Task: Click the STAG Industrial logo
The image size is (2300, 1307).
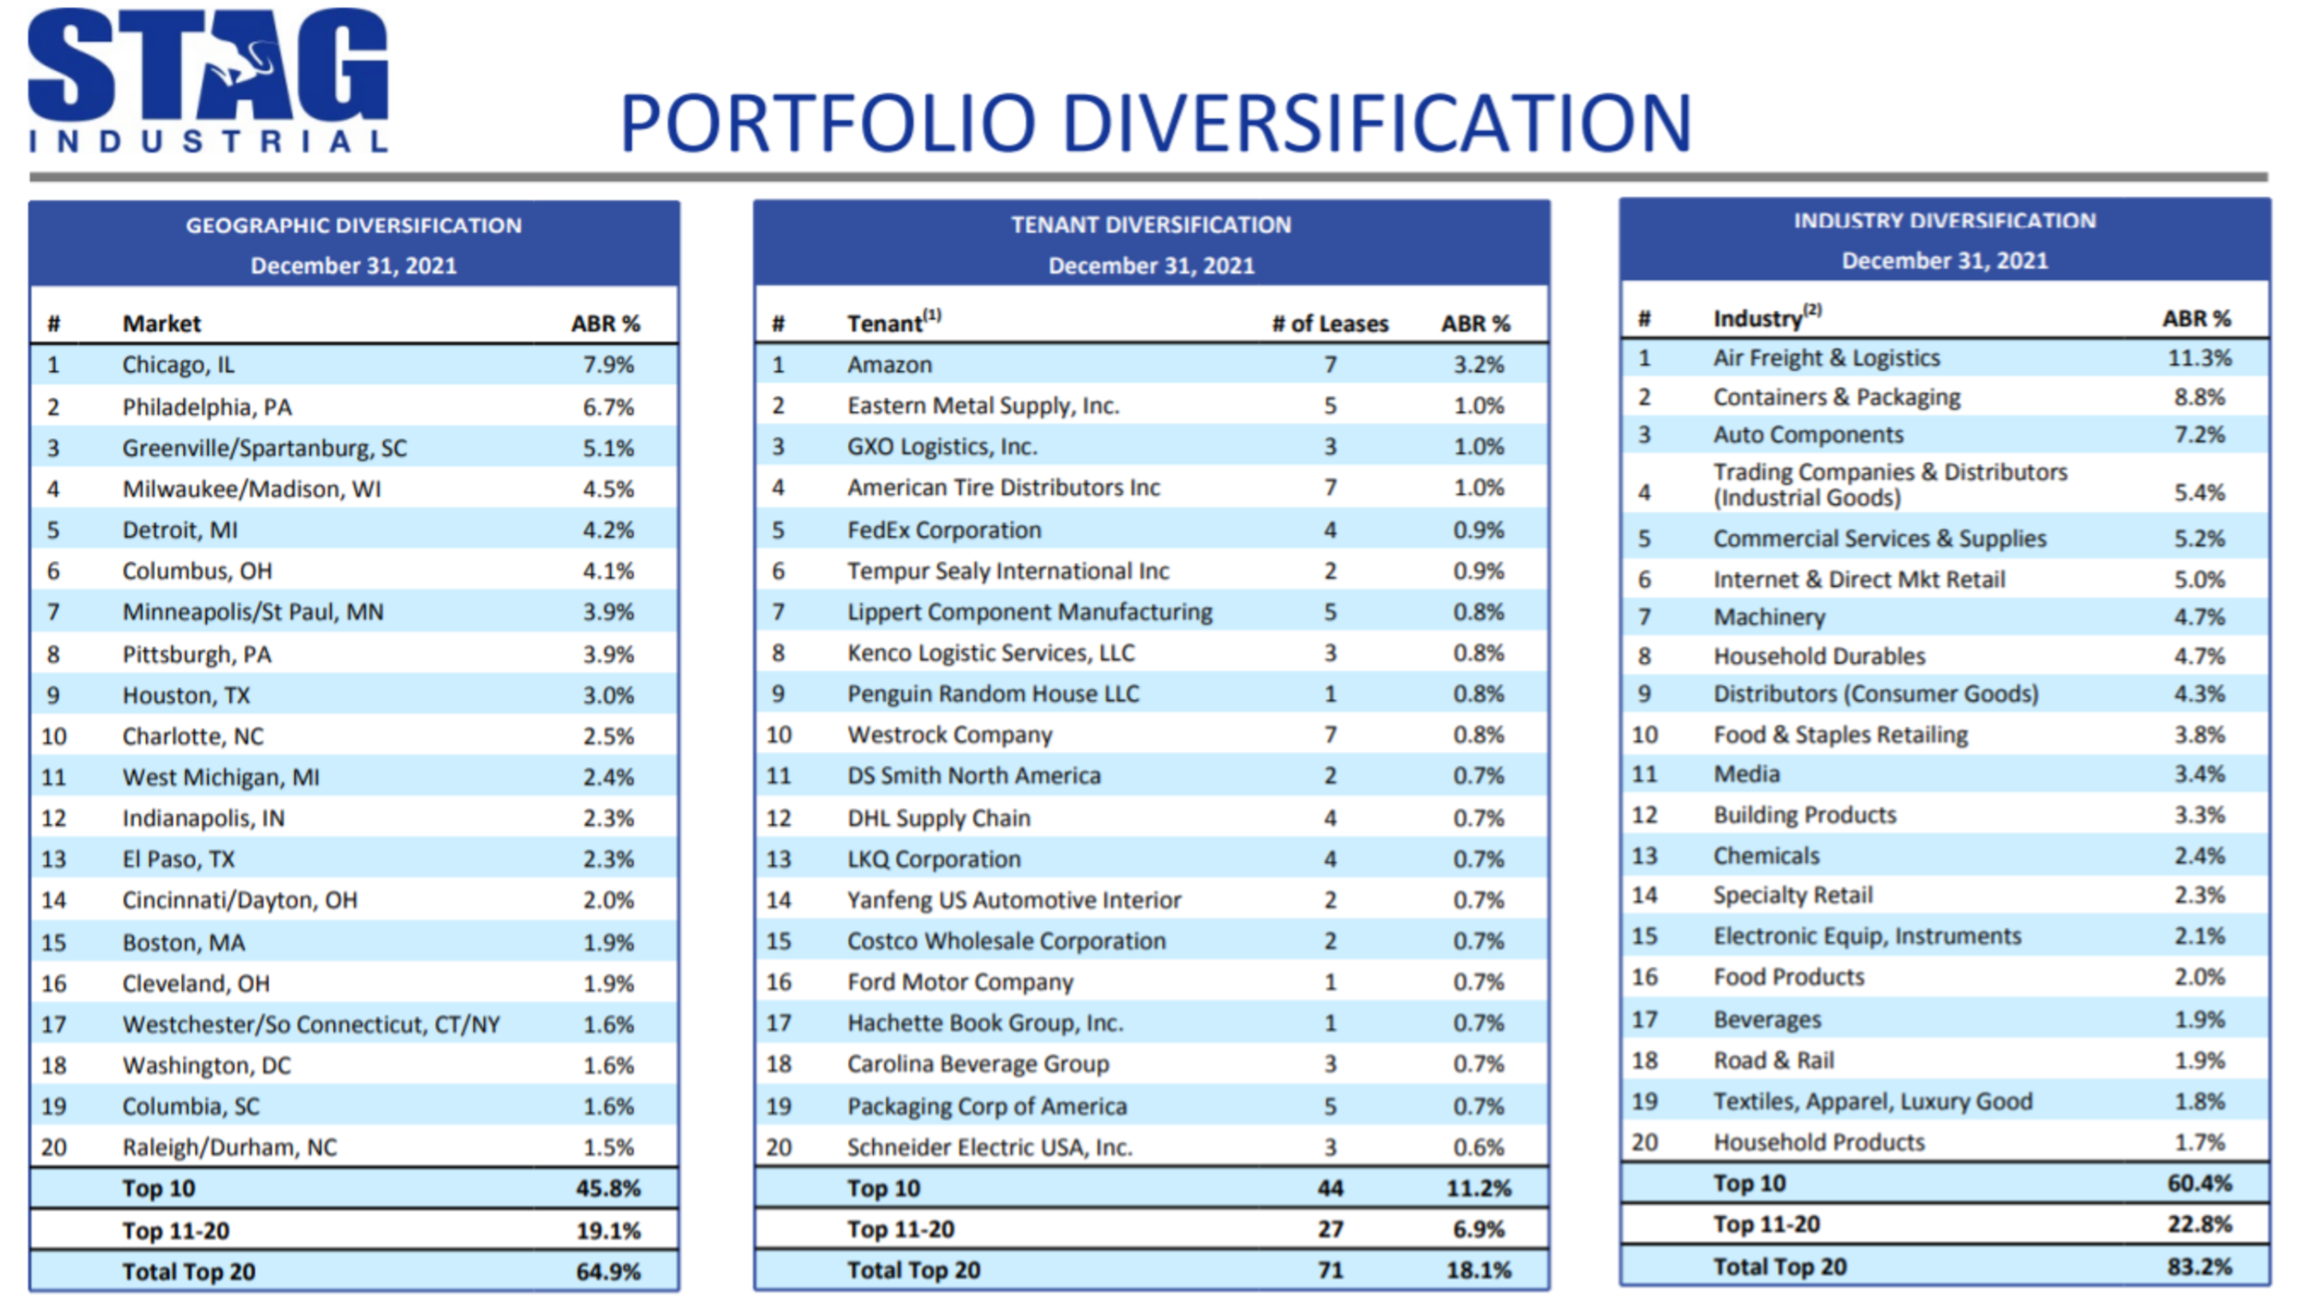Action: pos(208,81)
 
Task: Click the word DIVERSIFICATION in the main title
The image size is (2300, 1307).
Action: pos(1377,123)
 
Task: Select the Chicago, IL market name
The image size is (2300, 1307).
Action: pos(178,365)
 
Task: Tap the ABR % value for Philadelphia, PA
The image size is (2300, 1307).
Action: pos(608,407)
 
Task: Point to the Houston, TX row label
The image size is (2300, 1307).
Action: pos(186,695)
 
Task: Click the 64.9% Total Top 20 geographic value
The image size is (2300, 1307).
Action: pos(608,1271)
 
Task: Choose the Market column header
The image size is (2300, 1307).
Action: pos(161,324)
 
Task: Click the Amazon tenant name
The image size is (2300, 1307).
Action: pos(889,365)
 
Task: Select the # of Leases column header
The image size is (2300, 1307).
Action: pos(1329,324)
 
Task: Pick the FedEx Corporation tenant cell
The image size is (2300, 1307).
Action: pos(944,530)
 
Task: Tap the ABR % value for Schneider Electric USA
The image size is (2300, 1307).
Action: pos(1478,1147)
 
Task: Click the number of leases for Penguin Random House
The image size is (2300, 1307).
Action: pos(1330,694)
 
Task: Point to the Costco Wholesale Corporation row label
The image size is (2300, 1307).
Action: pos(1006,941)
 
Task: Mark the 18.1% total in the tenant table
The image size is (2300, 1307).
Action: pos(1478,1270)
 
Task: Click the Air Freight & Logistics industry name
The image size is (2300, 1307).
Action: pos(1825,358)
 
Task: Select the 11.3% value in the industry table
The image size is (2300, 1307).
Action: pos(2199,358)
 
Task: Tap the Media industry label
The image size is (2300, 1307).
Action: pos(1745,774)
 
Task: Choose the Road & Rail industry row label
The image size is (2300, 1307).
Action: pos(1773,1061)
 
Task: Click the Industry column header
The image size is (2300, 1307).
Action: pos(1757,318)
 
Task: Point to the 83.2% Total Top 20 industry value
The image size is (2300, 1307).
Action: pos(2199,1267)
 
